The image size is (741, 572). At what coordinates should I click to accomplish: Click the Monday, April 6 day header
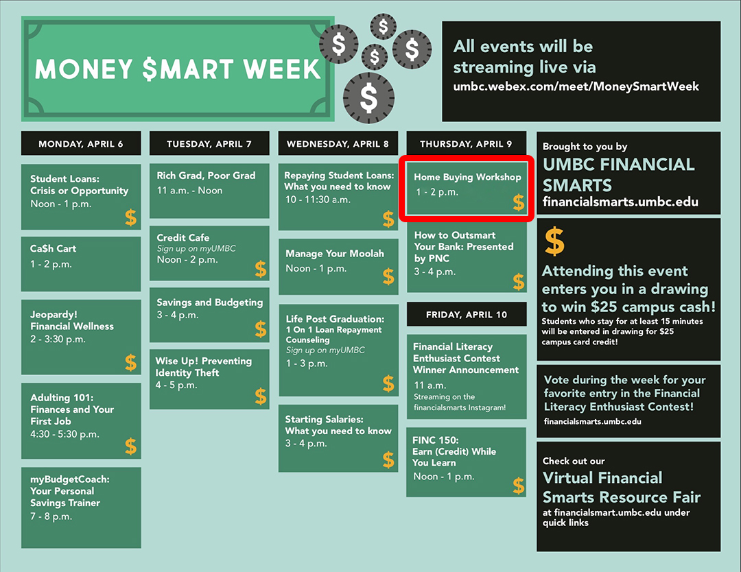[x=81, y=143]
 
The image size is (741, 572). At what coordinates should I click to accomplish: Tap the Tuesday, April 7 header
[x=209, y=143]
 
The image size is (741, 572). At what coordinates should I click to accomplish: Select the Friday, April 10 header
[x=467, y=315]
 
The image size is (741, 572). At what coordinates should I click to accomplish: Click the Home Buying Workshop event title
[x=467, y=177]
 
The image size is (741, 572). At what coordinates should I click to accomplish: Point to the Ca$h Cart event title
[x=53, y=248]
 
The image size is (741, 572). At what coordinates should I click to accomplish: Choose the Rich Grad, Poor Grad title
[x=206, y=176]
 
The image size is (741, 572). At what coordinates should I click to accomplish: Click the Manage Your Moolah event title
[x=335, y=254]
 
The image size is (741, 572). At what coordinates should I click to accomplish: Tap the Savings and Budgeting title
[x=209, y=302]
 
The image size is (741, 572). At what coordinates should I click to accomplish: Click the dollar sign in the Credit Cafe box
[x=261, y=270]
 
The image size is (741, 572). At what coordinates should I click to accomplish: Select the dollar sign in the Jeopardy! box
[x=131, y=363]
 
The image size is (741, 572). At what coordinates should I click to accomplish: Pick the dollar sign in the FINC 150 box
[x=519, y=486]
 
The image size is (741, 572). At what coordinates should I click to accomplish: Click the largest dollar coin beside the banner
[x=368, y=98]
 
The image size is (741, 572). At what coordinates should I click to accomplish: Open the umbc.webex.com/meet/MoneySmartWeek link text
[x=576, y=86]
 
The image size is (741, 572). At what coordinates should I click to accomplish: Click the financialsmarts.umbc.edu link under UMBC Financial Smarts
[x=620, y=202]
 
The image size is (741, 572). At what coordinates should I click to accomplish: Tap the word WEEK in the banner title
[x=282, y=69]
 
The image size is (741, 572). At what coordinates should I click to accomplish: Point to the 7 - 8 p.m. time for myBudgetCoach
[x=51, y=516]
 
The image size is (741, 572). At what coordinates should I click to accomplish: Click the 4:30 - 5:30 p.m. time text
[x=64, y=434]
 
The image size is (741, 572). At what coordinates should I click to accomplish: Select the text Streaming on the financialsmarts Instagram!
[x=460, y=402]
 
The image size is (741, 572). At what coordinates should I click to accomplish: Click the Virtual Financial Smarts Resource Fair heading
[x=622, y=488]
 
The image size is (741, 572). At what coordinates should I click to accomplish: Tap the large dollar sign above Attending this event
[x=554, y=241]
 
